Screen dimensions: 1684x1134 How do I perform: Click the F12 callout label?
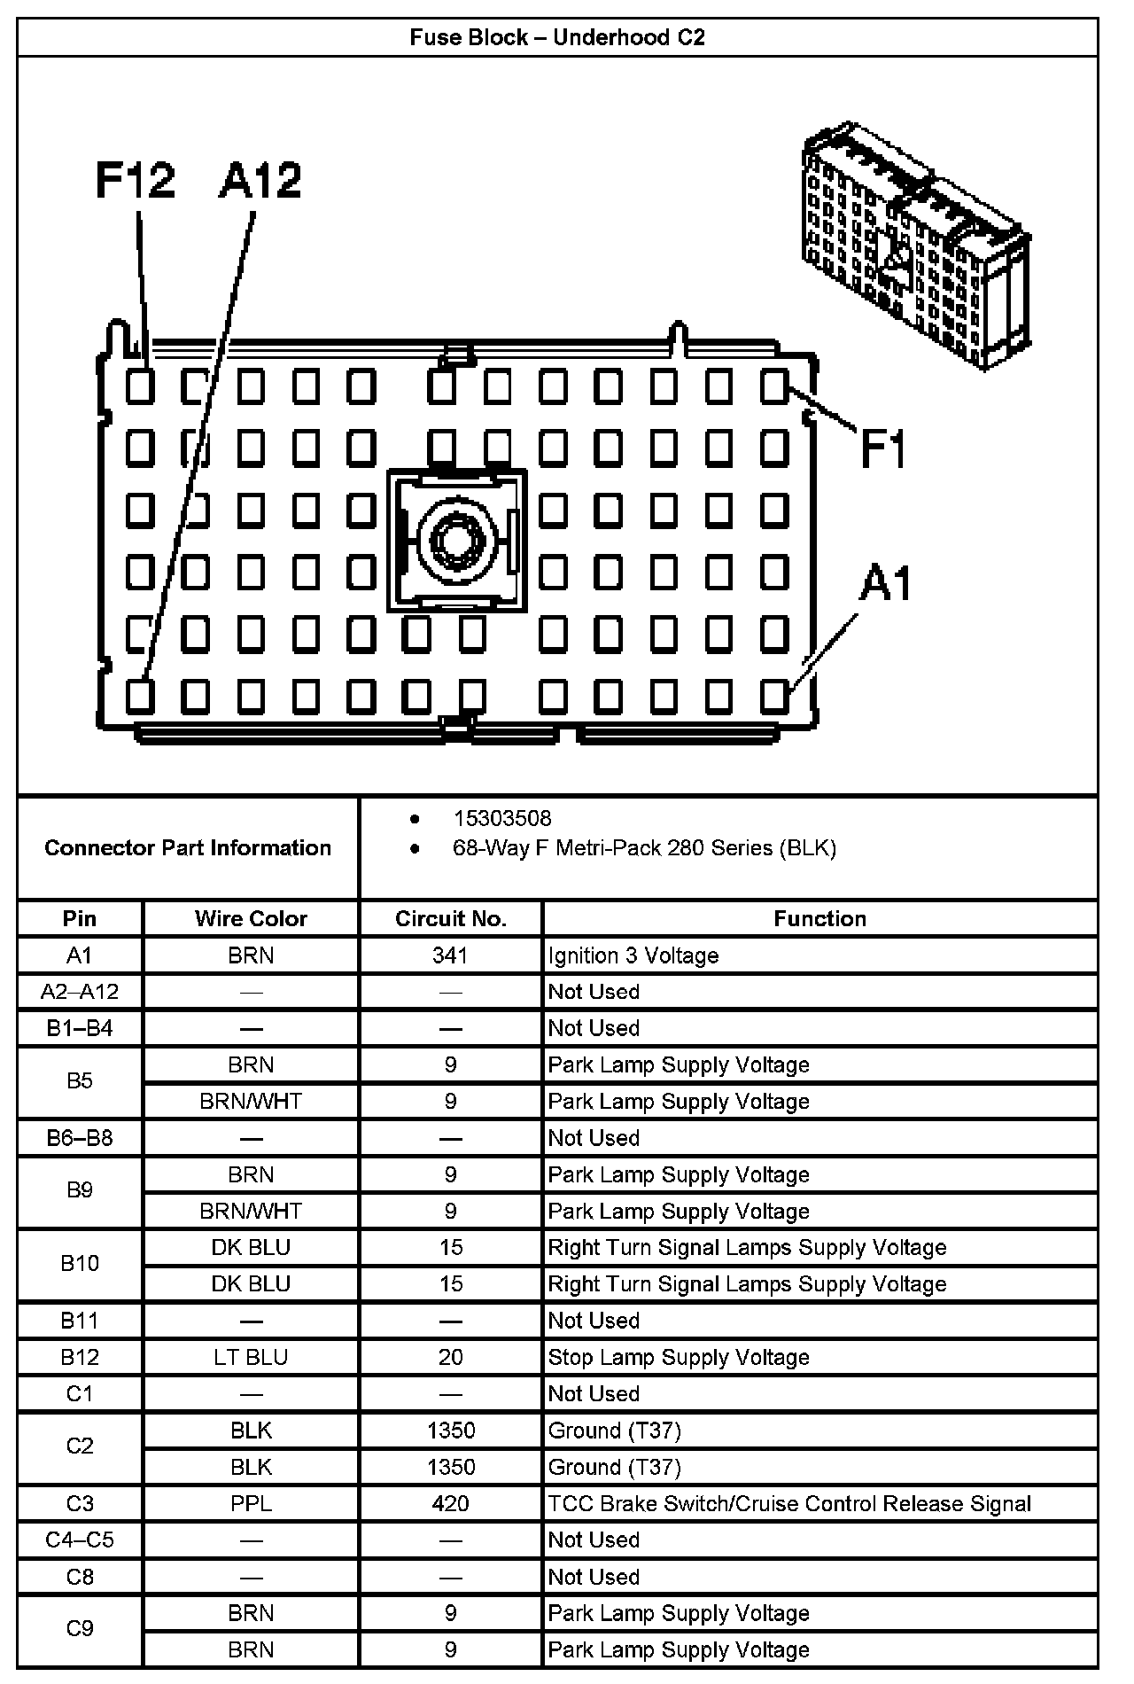(135, 181)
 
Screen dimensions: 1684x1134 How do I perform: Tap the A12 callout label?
(260, 181)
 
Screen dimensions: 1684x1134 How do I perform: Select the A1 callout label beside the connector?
(886, 584)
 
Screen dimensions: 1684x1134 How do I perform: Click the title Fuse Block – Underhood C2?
(557, 37)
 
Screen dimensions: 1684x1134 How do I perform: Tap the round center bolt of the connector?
(456, 540)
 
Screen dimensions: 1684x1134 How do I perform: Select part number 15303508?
(502, 818)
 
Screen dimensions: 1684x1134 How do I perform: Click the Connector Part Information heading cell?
(188, 847)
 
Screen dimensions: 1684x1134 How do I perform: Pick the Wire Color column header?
(251, 918)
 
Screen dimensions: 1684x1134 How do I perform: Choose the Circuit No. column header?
(451, 918)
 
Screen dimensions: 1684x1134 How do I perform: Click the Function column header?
(819, 918)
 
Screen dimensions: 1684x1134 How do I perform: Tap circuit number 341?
(450, 955)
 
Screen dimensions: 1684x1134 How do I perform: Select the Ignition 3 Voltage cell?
(633, 955)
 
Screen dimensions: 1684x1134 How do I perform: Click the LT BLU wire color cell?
(251, 1357)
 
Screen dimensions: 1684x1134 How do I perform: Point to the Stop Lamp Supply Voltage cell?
(679, 1357)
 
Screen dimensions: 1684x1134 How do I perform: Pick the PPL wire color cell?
(251, 1503)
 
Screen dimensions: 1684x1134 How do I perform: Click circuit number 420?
(450, 1503)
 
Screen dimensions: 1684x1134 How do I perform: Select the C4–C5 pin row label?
(80, 1540)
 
